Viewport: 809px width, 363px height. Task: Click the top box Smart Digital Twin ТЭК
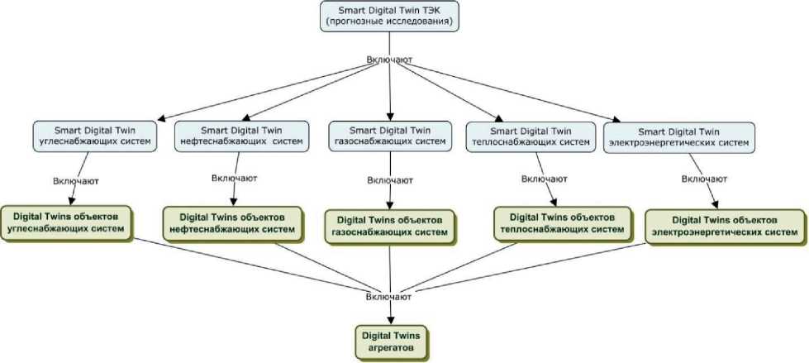coord(389,17)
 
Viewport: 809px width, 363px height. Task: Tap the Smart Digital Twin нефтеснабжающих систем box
coord(241,136)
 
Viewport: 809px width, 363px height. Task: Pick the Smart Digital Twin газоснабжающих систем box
coord(390,136)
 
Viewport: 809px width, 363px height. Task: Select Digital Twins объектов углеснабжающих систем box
coord(68,221)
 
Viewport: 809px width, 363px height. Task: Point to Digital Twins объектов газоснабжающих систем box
coord(390,226)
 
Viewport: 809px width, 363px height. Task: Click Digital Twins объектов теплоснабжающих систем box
coord(557,222)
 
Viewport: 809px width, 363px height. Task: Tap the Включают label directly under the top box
coord(389,60)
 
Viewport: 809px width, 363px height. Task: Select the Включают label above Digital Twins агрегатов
coord(389,295)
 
